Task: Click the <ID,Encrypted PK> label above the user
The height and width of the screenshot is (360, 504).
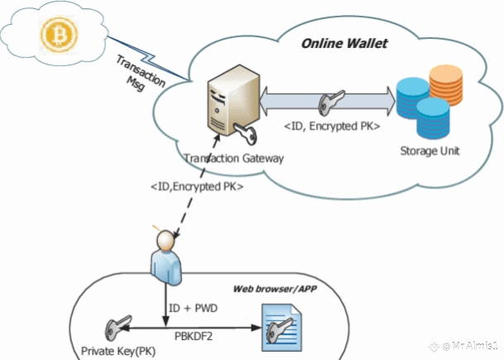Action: click(x=197, y=187)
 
